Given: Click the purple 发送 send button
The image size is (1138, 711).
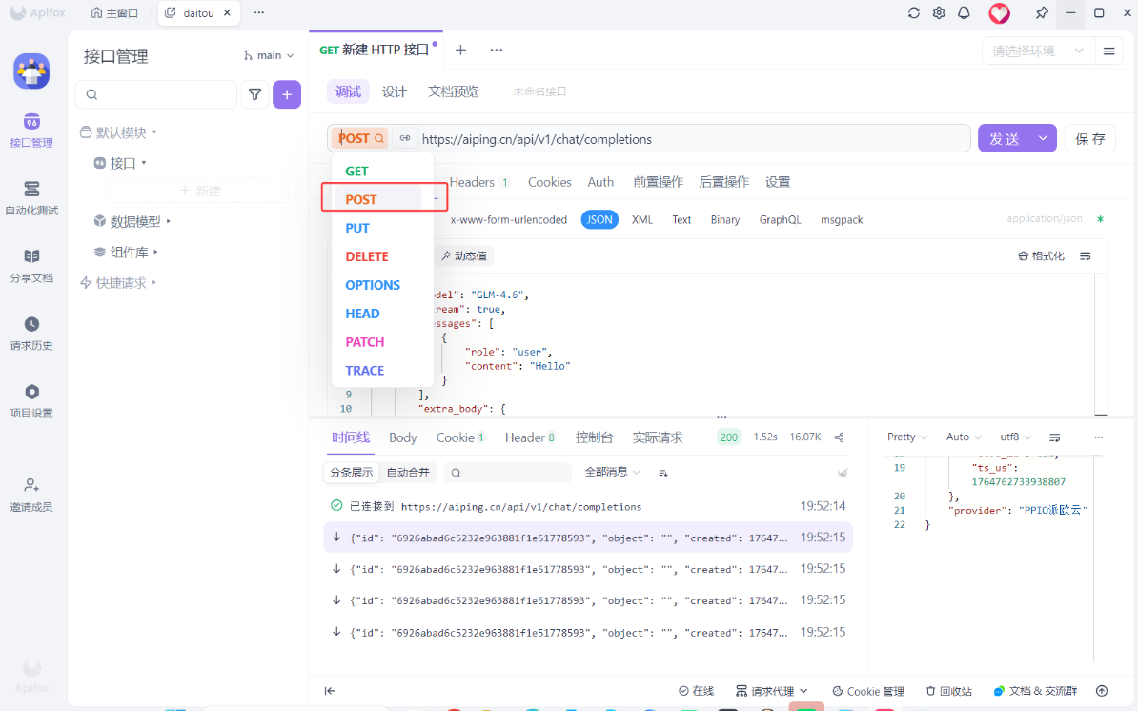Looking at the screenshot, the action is point(1005,138).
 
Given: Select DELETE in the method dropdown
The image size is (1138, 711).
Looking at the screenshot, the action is point(367,256).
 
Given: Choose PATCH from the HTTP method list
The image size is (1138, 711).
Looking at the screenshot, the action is point(365,342).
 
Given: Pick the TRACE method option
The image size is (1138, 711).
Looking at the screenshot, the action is point(365,371).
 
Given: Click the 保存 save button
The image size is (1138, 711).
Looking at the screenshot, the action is point(1089,138).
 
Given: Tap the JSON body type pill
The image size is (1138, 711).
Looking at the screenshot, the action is point(599,219).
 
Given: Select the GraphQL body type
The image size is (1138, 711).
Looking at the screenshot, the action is point(780,219).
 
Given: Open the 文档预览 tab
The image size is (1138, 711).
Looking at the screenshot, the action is point(453,91).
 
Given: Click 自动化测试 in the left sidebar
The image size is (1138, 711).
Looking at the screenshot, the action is point(31,197).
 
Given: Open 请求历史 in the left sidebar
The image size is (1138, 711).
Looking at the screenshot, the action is point(31,333).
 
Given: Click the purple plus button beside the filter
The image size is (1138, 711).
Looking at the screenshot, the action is point(287,94).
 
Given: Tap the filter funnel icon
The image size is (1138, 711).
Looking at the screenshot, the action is point(254,94).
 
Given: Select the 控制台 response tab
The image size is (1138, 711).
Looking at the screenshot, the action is point(594,437).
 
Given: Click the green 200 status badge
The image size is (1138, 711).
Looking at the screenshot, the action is point(729,437).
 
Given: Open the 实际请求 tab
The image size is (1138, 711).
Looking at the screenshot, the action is point(658,437).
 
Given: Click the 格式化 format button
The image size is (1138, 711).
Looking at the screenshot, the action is point(1041,255).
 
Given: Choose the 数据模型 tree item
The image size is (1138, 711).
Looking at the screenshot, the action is point(135,221).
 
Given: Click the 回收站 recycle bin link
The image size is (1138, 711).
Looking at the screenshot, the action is point(949,691).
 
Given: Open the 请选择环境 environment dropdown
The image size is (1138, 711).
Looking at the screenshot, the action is point(1036,51).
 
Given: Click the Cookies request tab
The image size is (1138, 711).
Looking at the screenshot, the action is point(550,182).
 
